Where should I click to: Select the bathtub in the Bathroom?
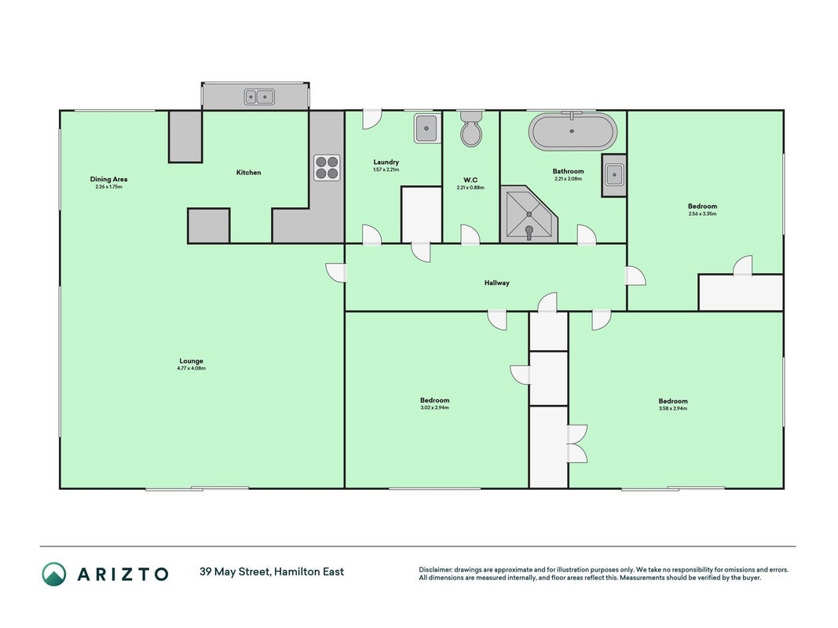coord(573,131)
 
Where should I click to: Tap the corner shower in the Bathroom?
coord(529,214)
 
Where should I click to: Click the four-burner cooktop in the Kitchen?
coord(327,167)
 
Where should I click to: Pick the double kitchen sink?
coord(259,97)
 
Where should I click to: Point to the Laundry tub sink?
coord(427,128)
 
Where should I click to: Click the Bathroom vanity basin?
coord(614,174)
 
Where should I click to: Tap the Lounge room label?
coord(192,361)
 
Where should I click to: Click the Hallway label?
coord(497,283)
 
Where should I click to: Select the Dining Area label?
coord(108,180)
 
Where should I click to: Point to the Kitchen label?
coord(248,173)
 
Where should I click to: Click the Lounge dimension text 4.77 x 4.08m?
coord(192,368)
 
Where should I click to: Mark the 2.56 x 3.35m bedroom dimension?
coord(702,214)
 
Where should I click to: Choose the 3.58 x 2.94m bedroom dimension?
coord(673,408)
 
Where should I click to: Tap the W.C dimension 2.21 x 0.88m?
coord(470,188)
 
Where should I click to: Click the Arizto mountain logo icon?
coord(54,574)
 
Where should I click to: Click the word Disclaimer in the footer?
coord(435,570)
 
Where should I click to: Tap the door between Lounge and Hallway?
coord(336,272)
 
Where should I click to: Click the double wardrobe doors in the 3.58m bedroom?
coord(577,444)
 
